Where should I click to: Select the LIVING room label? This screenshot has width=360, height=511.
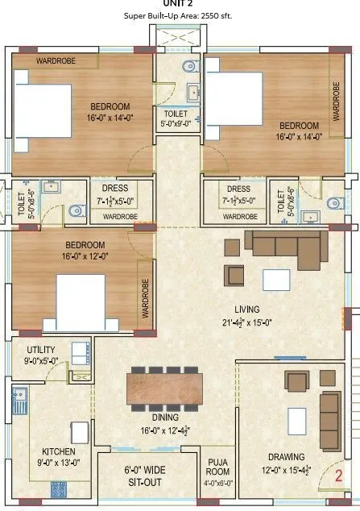(x=246, y=309)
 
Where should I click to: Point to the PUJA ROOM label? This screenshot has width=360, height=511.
(x=218, y=467)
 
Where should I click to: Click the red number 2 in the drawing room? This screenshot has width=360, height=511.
(x=339, y=476)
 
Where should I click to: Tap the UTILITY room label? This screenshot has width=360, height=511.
(x=41, y=350)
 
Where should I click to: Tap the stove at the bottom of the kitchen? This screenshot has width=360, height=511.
(x=59, y=488)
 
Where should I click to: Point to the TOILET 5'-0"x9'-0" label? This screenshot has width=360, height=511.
(x=176, y=118)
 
